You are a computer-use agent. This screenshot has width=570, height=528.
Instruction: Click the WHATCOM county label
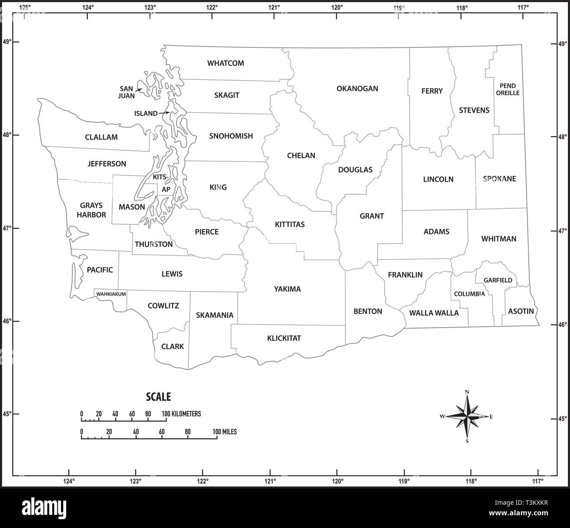click(x=225, y=63)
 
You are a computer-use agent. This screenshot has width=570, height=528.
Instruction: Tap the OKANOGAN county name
click(x=357, y=89)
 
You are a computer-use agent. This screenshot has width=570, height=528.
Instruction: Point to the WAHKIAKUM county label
click(x=111, y=294)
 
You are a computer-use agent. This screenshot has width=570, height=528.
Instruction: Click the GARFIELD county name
click(x=498, y=280)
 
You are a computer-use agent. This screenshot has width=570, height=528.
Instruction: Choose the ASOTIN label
click(x=521, y=311)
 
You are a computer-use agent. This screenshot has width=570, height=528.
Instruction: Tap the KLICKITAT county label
click(x=284, y=338)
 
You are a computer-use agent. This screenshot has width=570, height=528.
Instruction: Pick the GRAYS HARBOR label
click(x=91, y=210)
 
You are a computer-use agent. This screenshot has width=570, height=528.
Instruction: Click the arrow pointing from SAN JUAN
click(x=138, y=90)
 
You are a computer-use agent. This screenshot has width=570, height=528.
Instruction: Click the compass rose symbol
click(x=467, y=417)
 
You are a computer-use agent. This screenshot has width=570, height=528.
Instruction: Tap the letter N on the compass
click(x=467, y=392)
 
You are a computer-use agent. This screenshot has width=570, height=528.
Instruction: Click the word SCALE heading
click(x=158, y=397)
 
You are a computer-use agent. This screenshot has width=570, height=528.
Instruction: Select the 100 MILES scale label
click(x=224, y=432)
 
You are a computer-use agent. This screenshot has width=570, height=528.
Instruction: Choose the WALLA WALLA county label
click(x=434, y=313)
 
